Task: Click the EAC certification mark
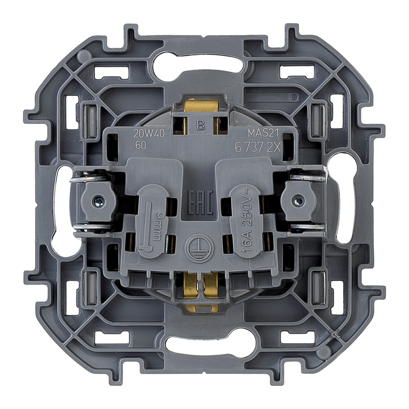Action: (x=200, y=202)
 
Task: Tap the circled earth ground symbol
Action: (x=200, y=248)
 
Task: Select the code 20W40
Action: (x=149, y=134)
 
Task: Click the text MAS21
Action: (x=263, y=133)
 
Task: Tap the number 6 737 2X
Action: (x=258, y=148)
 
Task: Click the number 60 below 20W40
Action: (x=140, y=145)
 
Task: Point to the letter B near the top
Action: (x=200, y=126)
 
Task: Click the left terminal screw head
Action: (x=100, y=201)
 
